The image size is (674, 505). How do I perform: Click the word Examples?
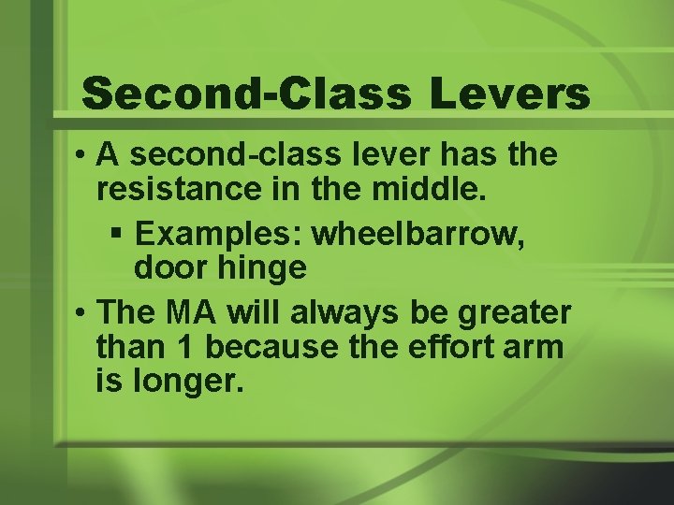click(x=221, y=234)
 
